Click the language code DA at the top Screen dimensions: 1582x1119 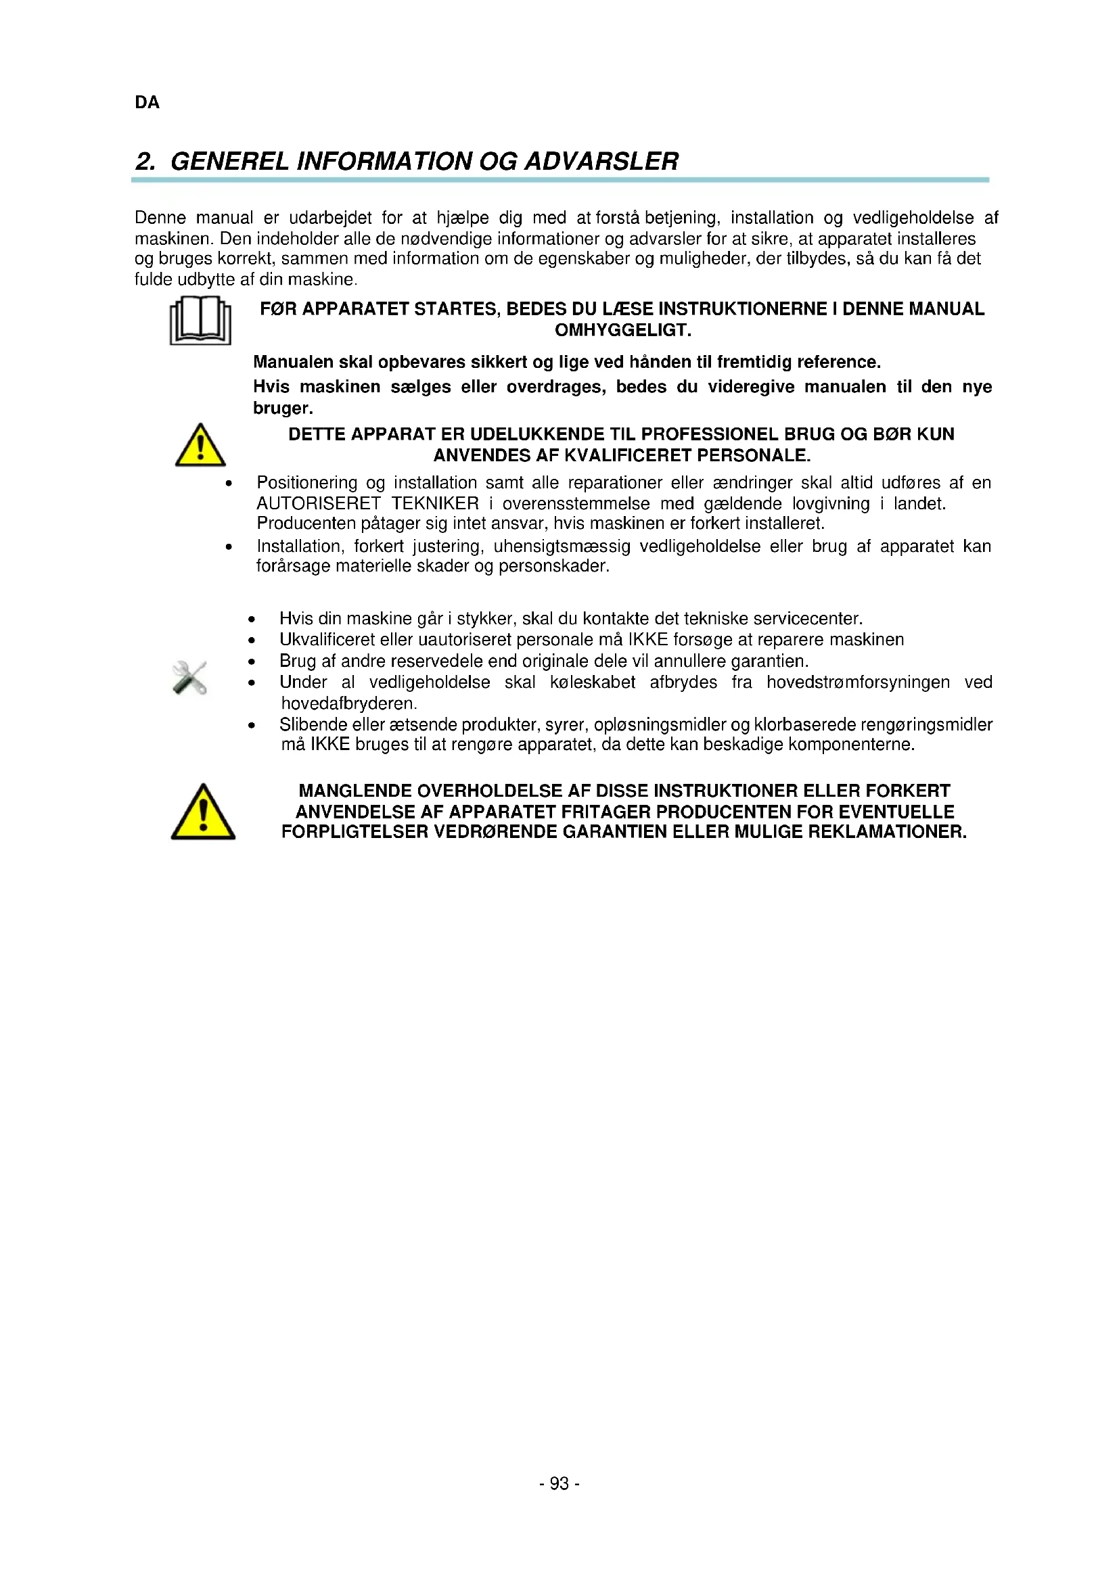tap(147, 103)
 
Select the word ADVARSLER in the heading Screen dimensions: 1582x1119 tap(601, 162)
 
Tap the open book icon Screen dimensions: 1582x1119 tap(200, 321)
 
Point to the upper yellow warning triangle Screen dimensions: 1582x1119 tap(200, 446)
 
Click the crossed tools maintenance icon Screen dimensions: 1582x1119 tap(189, 678)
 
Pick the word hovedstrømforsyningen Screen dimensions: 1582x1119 tap(858, 683)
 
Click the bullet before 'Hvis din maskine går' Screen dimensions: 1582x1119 tap(252, 620)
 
